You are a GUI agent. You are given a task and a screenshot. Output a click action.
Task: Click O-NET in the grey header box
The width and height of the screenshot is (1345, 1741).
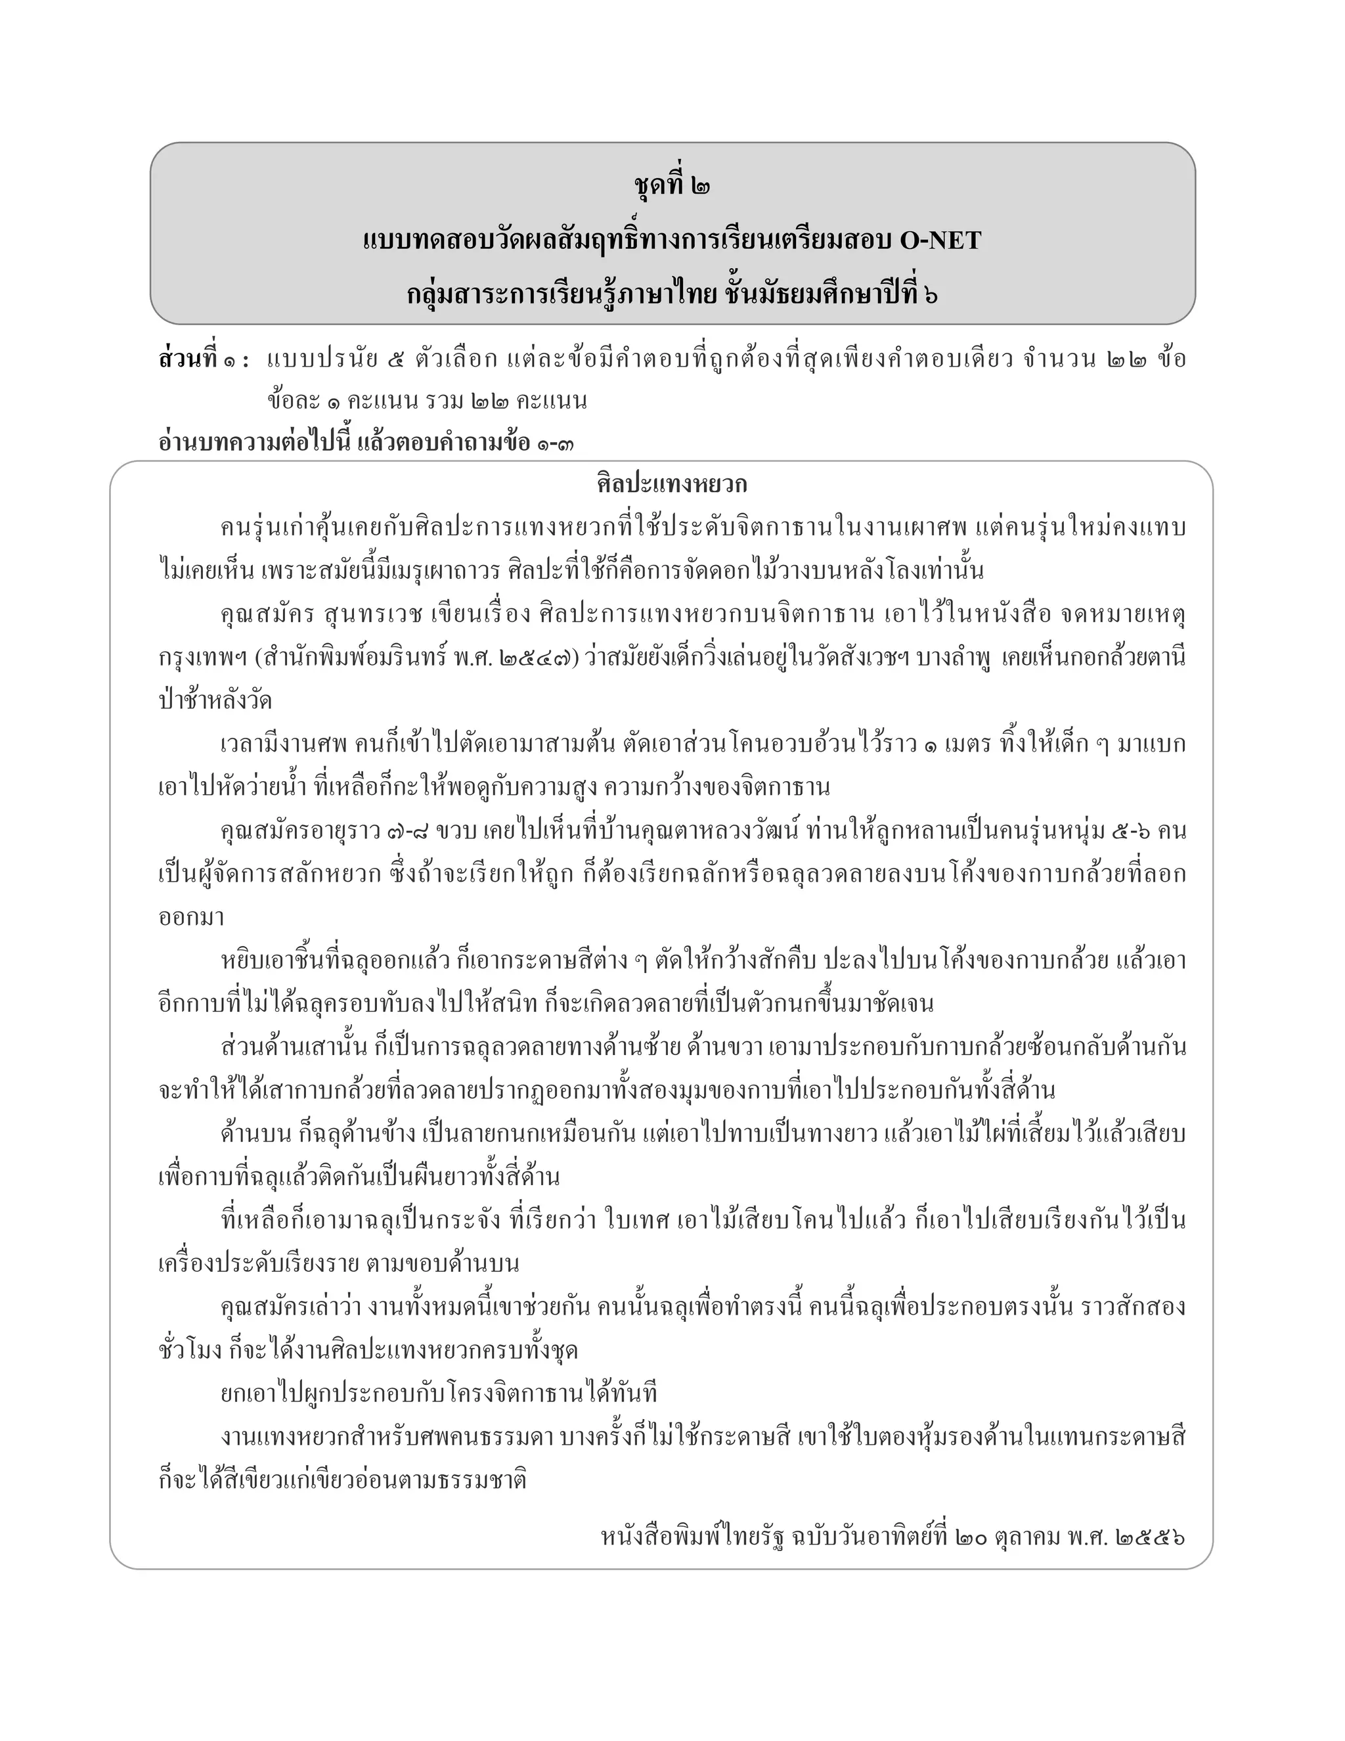(940, 240)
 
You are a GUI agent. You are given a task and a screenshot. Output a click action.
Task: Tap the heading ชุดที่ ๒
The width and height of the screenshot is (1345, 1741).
(672, 187)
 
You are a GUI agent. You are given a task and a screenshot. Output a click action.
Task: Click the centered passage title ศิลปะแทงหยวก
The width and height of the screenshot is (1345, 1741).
(672, 485)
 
